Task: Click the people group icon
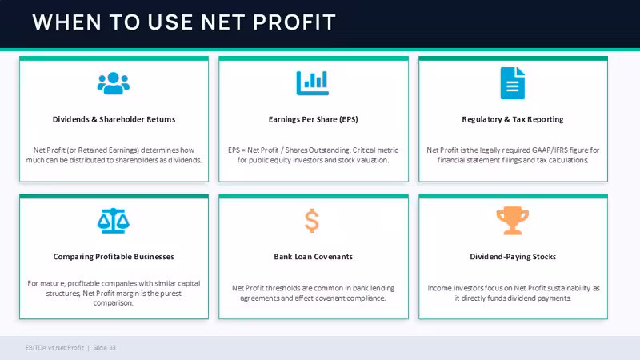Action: click(x=114, y=83)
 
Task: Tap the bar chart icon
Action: click(x=313, y=83)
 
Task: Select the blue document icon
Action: click(x=513, y=83)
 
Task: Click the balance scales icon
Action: click(x=114, y=221)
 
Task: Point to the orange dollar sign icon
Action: click(x=312, y=221)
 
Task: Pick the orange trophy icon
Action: click(x=513, y=221)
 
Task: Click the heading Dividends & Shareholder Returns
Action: click(x=114, y=119)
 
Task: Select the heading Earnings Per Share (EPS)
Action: click(x=313, y=119)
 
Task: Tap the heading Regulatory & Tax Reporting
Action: click(x=513, y=119)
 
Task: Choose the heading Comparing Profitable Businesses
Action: click(x=114, y=257)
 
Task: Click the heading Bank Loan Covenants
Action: click(x=313, y=257)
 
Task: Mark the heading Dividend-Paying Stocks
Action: click(x=513, y=257)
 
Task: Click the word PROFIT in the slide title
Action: click(x=294, y=22)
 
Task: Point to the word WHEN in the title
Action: click(x=67, y=22)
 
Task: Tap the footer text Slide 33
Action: click(x=105, y=348)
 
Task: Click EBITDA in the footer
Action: click(x=35, y=348)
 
